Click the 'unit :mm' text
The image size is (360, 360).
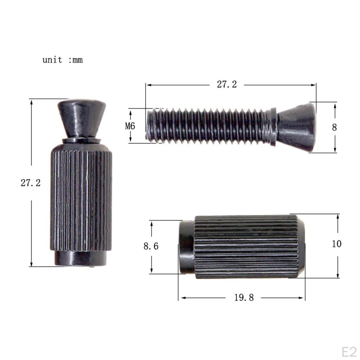pos(63,60)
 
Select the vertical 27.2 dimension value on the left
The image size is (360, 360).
pos(31,183)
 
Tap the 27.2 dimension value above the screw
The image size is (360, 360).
pos(227,84)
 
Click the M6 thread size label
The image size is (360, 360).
pos(130,126)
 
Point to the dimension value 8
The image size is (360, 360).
pos(334,127)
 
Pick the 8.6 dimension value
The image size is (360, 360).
pos(151,246)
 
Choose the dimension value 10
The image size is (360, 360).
pos(336,244)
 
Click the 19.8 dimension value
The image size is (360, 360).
pos(244,298)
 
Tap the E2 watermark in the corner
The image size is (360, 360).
pos(349,352)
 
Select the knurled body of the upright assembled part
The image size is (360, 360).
pos(81,197)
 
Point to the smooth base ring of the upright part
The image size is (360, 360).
pos(81,258)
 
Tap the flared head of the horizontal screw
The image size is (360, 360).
pos(297,127)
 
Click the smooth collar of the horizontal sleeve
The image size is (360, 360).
pos(186,247)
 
